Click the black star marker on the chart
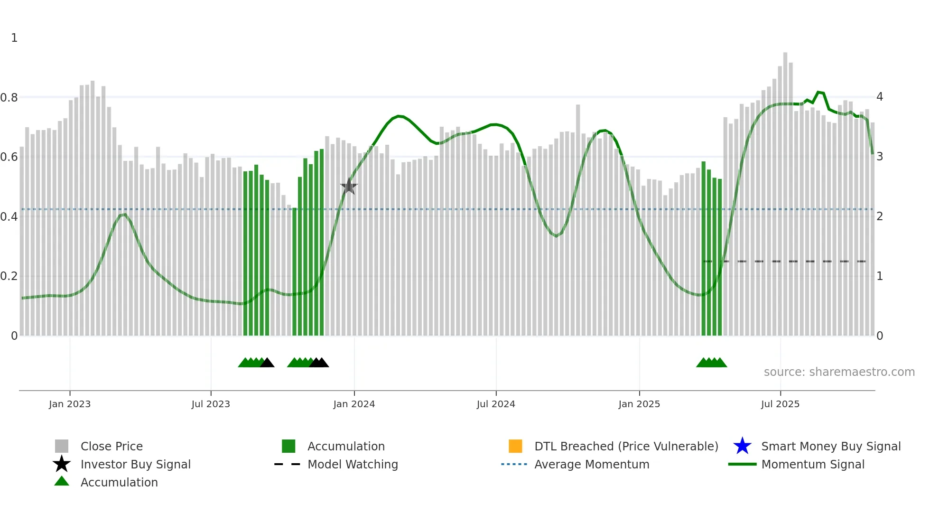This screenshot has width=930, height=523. coord(349,187)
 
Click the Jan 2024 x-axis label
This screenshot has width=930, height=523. coord(354,404)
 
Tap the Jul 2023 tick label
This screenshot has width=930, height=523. coord(211,404)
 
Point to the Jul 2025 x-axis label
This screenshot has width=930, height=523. coord(780,404)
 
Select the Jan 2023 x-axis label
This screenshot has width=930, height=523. coord(70,404)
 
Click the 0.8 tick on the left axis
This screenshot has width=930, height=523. coord(9,98)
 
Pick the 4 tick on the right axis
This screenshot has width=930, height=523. coord(879,97)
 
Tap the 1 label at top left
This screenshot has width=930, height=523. coord(14,38)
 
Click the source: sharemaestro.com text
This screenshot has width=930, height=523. coord(839,372)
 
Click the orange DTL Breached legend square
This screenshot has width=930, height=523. coord(515,446)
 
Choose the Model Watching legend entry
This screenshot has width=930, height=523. coord(352,464)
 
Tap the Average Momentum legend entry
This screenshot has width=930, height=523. coord(591,464)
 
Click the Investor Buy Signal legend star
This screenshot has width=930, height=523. coord(62,464)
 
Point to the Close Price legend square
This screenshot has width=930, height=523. coord(62,446)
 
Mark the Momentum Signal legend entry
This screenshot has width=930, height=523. coord(812,464)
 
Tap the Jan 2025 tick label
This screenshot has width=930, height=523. coord(639,404)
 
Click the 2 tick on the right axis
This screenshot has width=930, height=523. coord(879,216)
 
